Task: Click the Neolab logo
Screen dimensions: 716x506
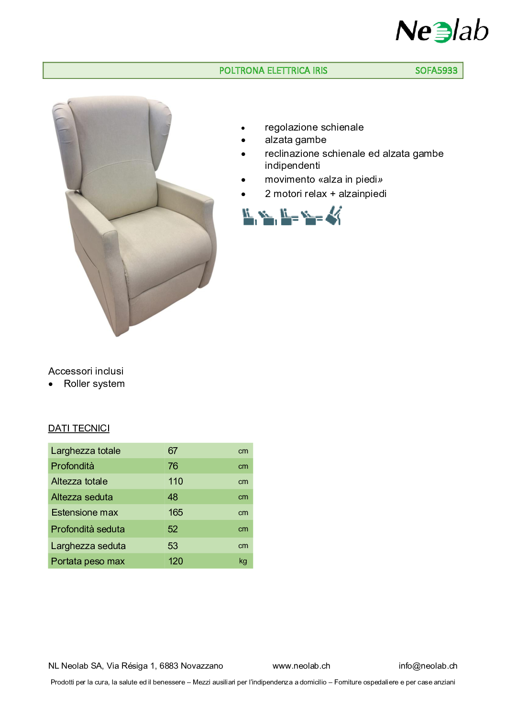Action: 442,31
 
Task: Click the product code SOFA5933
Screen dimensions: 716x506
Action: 436,70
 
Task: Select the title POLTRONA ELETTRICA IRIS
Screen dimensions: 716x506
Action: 273,70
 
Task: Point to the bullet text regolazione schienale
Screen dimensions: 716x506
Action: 314,127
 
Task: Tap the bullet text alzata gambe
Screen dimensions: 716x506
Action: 295,140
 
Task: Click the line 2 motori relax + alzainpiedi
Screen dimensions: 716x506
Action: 325,194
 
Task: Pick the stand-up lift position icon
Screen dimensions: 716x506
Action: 334,215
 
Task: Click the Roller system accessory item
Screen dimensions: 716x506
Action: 94,384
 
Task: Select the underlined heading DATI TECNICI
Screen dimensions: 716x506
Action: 79,428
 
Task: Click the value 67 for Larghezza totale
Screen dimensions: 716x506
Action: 173,451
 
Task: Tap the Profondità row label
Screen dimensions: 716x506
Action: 73,466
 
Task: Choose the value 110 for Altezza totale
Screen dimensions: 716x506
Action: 176,481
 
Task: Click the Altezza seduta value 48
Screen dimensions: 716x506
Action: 173,497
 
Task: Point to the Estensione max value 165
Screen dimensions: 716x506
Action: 176,512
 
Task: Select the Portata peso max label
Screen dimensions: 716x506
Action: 88,561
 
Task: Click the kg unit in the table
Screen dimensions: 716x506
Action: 243,561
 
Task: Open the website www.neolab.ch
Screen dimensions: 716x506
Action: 301,666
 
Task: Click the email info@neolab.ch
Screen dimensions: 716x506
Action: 428,666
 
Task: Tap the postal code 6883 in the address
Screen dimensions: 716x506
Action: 169,666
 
